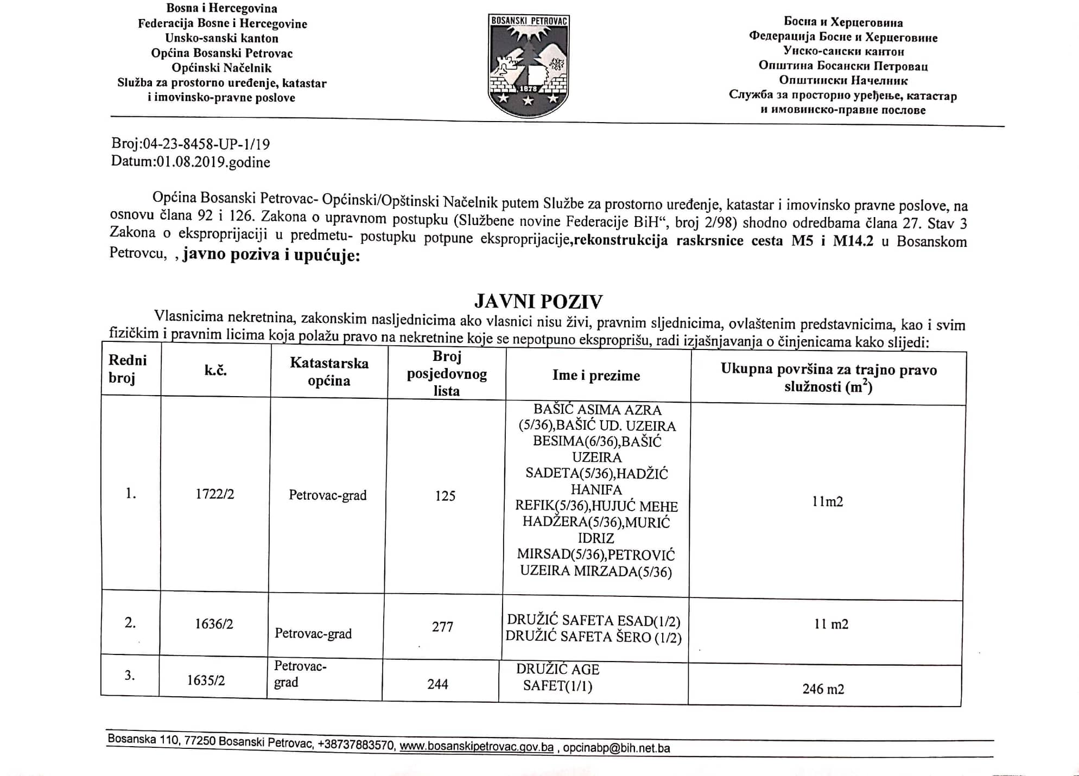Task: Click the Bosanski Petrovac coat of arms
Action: click(x=528, y=65)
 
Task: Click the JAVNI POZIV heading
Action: click(x=538, y=301)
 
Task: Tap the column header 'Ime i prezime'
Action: click(x=596, y=375)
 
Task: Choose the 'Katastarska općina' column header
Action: click(x=329, y=372)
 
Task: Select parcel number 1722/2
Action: click(x=215, y=494)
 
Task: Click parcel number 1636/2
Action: click(x=214, y=624)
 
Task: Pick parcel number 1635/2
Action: click(x=206, y=680)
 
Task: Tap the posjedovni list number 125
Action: click(x=445, y=495)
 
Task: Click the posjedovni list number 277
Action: click(x=442, y=627)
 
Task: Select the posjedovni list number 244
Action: click(x=437, y=684)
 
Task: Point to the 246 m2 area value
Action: click(x=823, y=689)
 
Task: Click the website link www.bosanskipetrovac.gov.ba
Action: click(x=477, y=747)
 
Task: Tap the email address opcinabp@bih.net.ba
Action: click(x=616, y=748)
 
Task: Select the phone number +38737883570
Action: click(x=356, y=745)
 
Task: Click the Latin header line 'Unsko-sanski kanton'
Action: click(x=221, y=38)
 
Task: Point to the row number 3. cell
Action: click(x=130, y=675)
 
